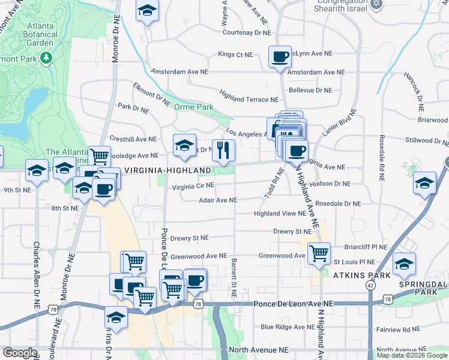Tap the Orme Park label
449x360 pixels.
tap(193, 107)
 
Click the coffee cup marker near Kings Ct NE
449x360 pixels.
tap(280, 58)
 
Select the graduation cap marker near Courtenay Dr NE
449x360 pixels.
tap(146, 11)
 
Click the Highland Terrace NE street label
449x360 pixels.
tap(249, 96)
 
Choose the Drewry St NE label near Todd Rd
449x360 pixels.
tap(292, 231)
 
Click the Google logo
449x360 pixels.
tap(20, 353)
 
